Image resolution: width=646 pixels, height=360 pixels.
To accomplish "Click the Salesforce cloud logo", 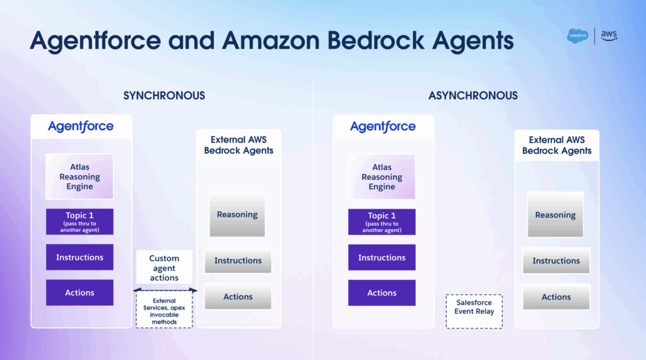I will click(578, 36).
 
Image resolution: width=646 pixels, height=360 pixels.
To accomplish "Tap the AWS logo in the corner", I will click(608, 35).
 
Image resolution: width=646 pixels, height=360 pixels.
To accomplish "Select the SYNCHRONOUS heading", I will click(164, 96).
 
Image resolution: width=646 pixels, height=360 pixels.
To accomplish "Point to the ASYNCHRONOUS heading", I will click(473, 96).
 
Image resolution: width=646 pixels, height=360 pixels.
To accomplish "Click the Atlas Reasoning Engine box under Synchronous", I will click(79, 177).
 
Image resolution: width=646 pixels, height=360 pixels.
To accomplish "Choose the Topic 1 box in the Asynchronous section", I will click(382, 222).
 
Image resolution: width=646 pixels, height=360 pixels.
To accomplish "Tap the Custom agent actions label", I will click(164, 267).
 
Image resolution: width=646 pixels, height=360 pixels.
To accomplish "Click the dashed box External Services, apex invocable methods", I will click(164, 311).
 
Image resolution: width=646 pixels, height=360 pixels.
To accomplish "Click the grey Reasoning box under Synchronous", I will click(237, 214).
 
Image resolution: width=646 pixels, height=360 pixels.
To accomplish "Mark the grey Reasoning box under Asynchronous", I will click(555, 214).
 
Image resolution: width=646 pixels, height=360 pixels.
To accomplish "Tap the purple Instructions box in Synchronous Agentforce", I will click(79, 257).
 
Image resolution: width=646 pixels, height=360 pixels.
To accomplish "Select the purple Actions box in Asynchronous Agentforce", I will click(382, 293).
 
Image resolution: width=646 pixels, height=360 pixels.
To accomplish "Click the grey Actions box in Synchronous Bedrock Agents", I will click(238, 296).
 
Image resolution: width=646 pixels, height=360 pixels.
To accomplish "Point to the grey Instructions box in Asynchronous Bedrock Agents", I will click(556, 260).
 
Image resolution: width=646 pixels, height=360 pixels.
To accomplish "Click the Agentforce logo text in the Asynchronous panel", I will click(383, 126).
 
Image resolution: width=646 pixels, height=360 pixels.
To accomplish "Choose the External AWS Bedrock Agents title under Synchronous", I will click(238, 145).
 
